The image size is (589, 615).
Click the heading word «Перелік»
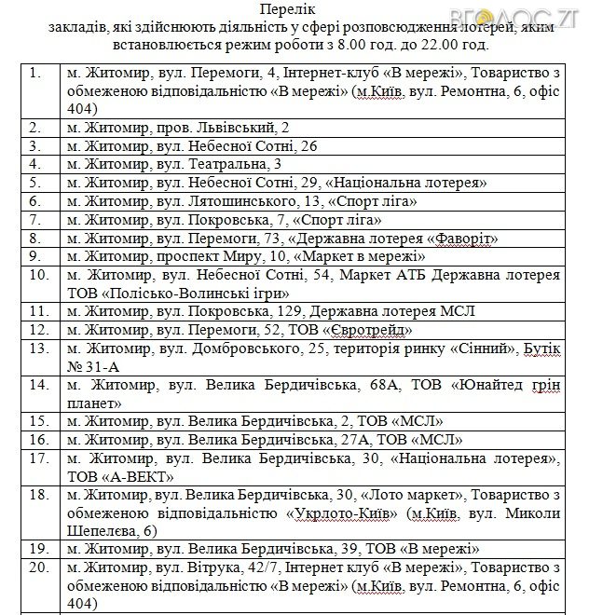294,10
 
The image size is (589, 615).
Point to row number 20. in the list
40,567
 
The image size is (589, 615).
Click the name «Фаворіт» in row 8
461,239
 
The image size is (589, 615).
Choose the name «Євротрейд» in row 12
370,330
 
